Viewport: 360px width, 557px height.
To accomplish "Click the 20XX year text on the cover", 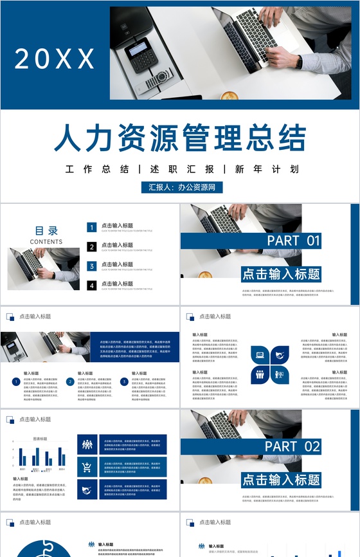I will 55,59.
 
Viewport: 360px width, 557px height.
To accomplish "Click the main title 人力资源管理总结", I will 180,138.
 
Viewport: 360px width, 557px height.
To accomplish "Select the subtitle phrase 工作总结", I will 97,170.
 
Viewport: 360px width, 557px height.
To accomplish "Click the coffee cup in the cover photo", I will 229,96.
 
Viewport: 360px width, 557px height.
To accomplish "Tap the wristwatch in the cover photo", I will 299,62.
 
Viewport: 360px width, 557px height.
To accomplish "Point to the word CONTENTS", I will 46,242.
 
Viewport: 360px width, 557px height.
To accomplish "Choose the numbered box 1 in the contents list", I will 92,227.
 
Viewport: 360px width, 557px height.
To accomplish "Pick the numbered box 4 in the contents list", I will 92,285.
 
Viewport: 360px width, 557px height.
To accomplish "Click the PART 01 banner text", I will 293,241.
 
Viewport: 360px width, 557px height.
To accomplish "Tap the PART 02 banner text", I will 293,446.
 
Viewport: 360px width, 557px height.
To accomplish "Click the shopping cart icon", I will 86,468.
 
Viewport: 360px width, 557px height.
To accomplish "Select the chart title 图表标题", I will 40,439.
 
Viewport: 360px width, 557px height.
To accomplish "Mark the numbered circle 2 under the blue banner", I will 70,381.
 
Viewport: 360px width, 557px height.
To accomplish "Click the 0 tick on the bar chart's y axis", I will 13,466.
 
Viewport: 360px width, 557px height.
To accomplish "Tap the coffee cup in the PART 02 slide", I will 204,480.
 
